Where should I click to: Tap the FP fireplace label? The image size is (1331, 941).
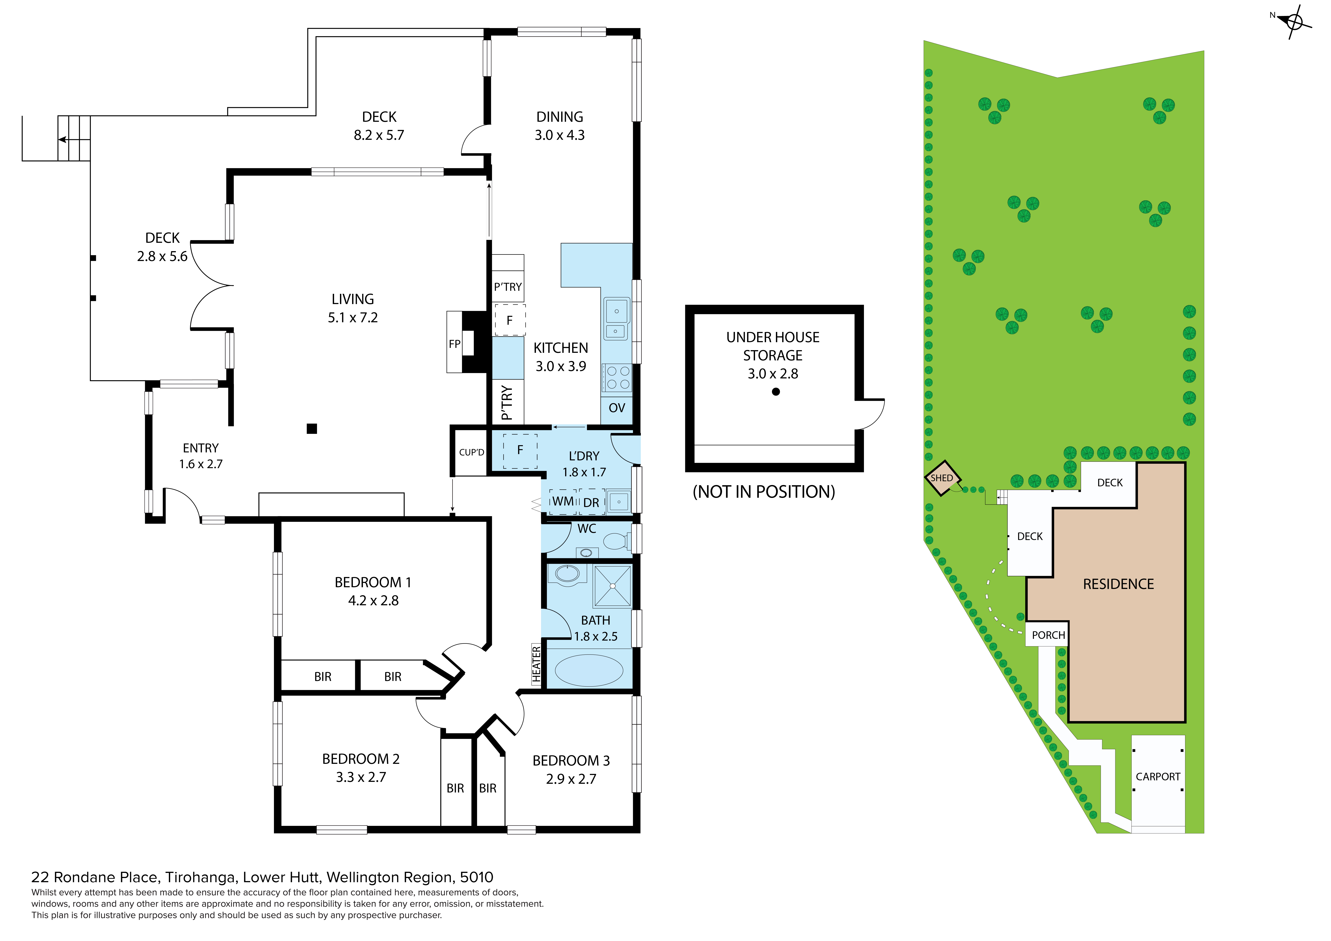coord(455,344)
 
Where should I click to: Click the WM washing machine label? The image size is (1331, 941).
coord(563,502)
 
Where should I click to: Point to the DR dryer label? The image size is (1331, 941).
coord(591,503)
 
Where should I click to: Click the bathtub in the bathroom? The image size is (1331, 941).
coord(589,670)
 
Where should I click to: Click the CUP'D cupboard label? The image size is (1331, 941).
coord(471,452)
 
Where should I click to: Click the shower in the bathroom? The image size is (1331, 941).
coord(613,586)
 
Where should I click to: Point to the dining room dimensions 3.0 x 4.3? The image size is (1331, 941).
coord(559,135)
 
